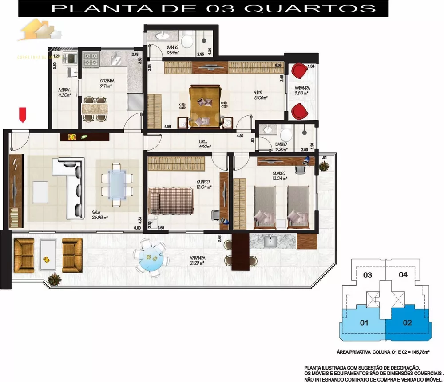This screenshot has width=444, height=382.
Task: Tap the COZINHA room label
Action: [107, 81]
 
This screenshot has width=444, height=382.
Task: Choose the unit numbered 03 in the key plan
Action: [368, 275]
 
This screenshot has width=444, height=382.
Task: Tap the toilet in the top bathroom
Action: [188, 43]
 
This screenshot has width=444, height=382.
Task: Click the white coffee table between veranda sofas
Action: [48, 255]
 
